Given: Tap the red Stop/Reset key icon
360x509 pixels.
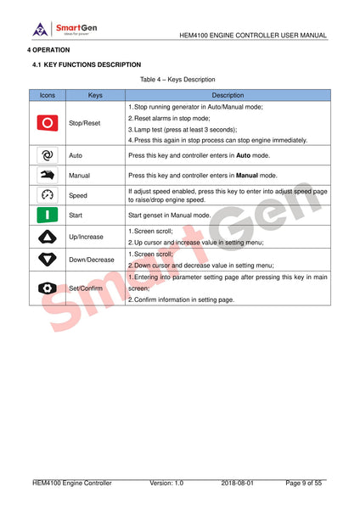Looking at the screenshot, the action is (48, 123).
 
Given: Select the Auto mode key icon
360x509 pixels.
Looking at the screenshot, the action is (48, 156).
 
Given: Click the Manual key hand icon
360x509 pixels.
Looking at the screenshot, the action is (48, 176).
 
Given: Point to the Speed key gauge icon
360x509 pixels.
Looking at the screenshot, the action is (48, 195).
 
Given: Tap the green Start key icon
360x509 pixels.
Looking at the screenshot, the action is (48, 215).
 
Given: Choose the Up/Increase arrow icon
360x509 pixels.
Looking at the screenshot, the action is (48, 237).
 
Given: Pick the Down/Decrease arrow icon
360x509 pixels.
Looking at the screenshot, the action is (48, 259).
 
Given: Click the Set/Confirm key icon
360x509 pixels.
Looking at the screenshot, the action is (48, 288).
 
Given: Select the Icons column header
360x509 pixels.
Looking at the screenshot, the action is (48, 96).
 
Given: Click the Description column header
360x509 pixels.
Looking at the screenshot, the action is (228, 96).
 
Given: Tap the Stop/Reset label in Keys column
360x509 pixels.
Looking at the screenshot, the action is (84, 123).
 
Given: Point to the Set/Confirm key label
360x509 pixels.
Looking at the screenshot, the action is (86, 288).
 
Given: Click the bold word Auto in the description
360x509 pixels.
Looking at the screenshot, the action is (243, 157).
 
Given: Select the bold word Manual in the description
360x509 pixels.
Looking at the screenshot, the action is (247, 176).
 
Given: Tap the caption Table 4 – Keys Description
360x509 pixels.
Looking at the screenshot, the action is (179, 80).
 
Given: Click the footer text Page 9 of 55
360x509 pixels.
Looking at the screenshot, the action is (304, 484).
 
